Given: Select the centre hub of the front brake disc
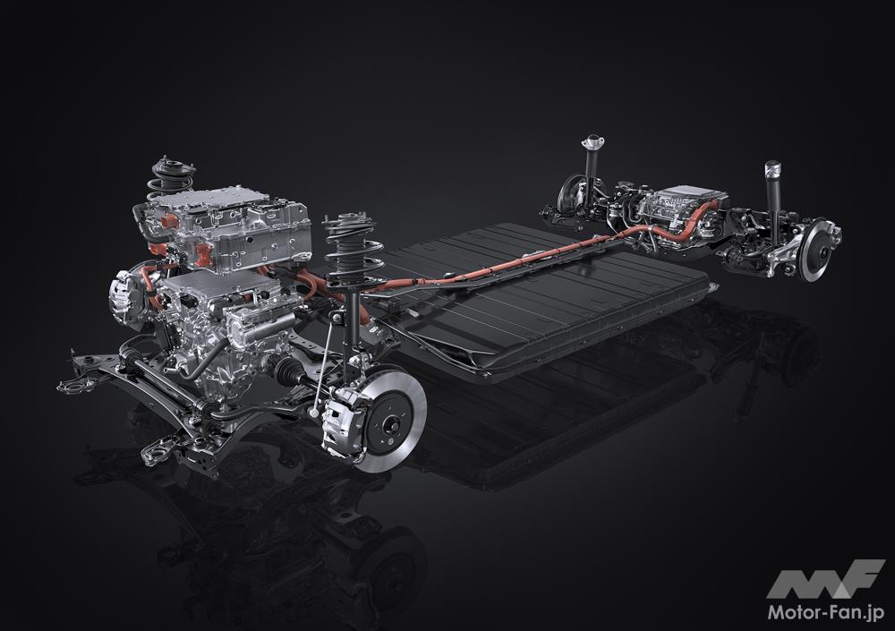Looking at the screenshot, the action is [392, 423].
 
